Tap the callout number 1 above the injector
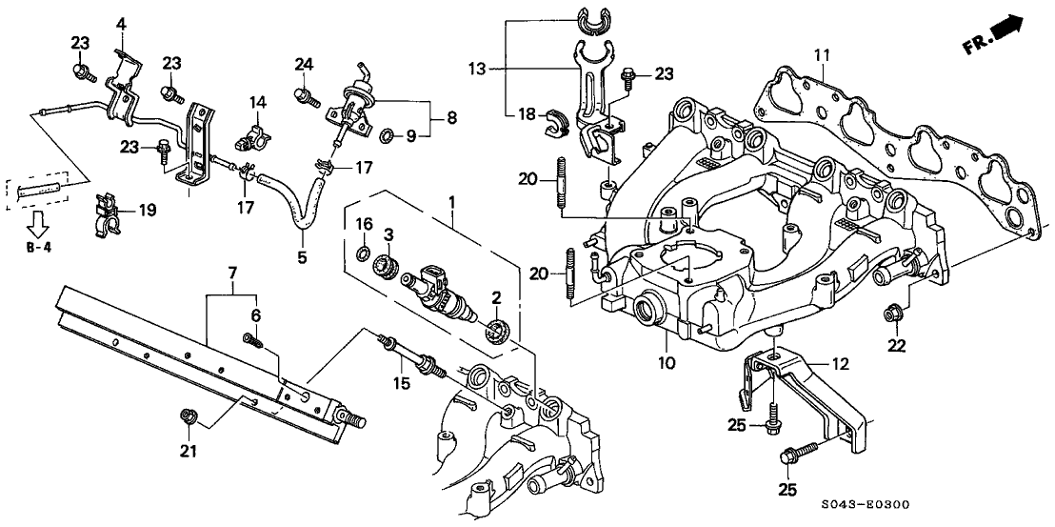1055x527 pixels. click(451, 203)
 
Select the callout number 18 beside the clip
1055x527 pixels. click(526, 112)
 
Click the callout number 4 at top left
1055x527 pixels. click(121, 23)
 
